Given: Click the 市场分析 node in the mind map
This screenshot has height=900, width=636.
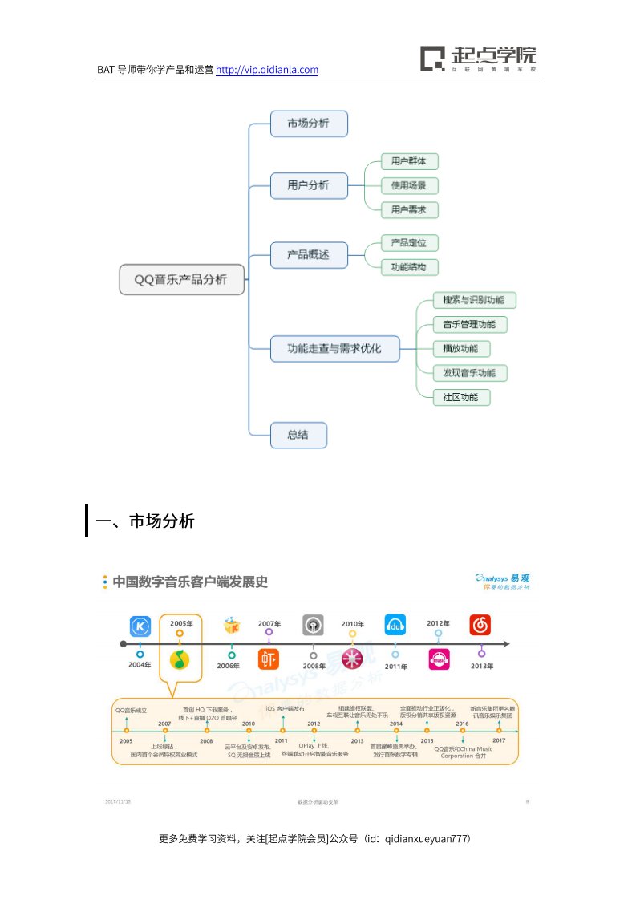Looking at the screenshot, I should pos(309,124).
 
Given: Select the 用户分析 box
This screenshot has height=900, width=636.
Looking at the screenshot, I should pos(309,185).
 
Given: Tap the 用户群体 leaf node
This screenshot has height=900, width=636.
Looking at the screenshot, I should pos(409,161).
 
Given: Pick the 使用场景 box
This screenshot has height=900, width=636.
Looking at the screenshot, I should pos(409,185).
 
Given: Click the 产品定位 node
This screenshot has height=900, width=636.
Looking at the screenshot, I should pos(409,242).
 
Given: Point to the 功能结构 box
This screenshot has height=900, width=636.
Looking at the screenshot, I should pos(409,267).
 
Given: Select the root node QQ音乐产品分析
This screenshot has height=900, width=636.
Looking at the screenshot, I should pos(181,279).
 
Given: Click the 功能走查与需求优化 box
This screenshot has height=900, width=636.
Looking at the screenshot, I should pos(334,348).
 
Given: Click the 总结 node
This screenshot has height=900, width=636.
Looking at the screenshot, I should pos(298,435).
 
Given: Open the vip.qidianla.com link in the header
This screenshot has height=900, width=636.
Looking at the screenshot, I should pos(268,70).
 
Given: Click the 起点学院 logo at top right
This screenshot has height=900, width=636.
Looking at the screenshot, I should pos(479,59).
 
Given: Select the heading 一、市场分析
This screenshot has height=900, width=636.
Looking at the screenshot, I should pos(145,521).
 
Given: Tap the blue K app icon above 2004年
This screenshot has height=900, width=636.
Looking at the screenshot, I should pos(141,626).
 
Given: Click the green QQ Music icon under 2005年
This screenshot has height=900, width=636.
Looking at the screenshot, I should pos(180,659).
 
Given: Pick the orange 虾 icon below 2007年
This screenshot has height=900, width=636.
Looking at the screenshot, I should pos(269,659).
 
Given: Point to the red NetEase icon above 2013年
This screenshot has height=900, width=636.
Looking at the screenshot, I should pos(480,625).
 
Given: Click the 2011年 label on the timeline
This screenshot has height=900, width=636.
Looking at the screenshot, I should pos(395,666).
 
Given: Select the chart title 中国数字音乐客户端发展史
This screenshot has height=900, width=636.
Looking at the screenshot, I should pos(190,582).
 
